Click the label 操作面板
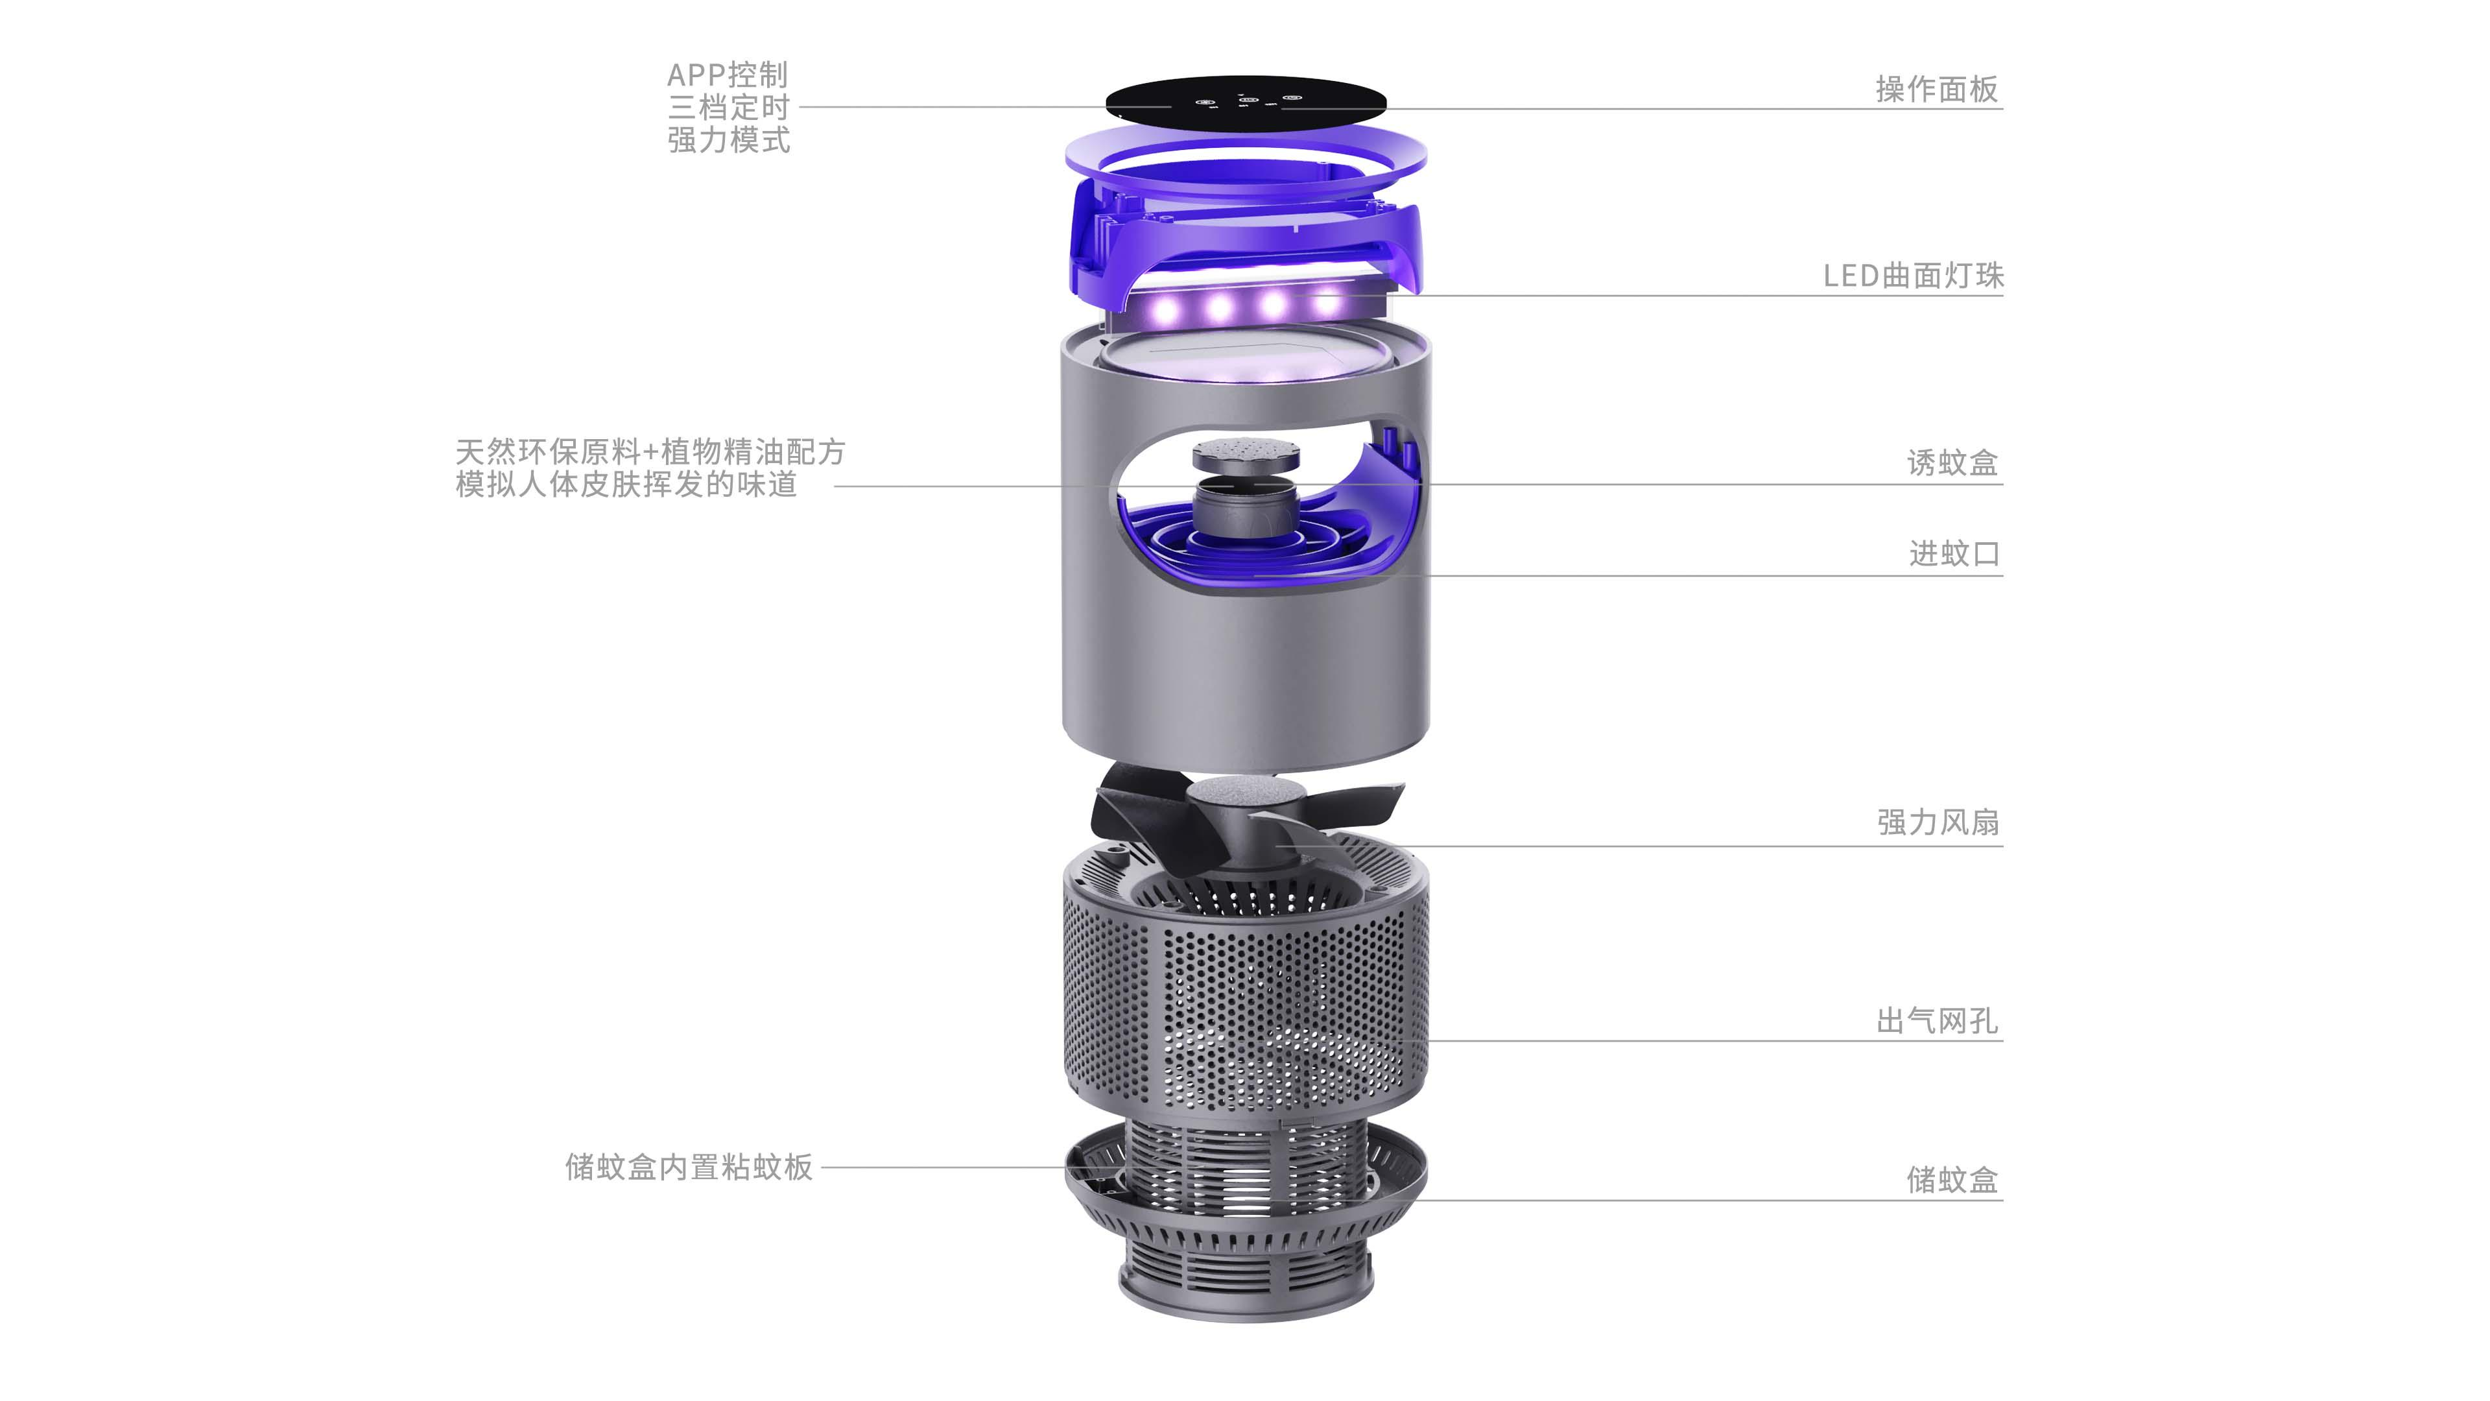1936,89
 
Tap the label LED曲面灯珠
1913,276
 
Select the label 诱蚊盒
1952,463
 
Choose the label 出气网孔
1936,1020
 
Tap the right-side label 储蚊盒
1952,1180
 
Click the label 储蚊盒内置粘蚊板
688,1167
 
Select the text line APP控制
728,75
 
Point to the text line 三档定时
728,107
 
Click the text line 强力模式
728,140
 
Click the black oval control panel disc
1245,102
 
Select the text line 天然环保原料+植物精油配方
650,451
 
